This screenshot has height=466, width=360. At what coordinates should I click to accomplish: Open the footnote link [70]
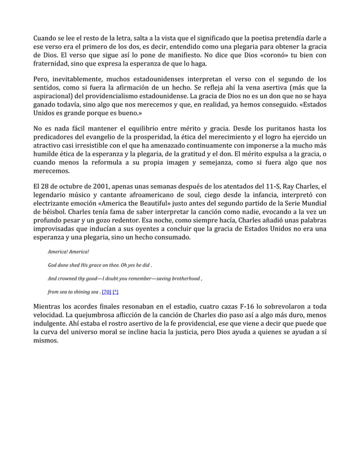[106, 292]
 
